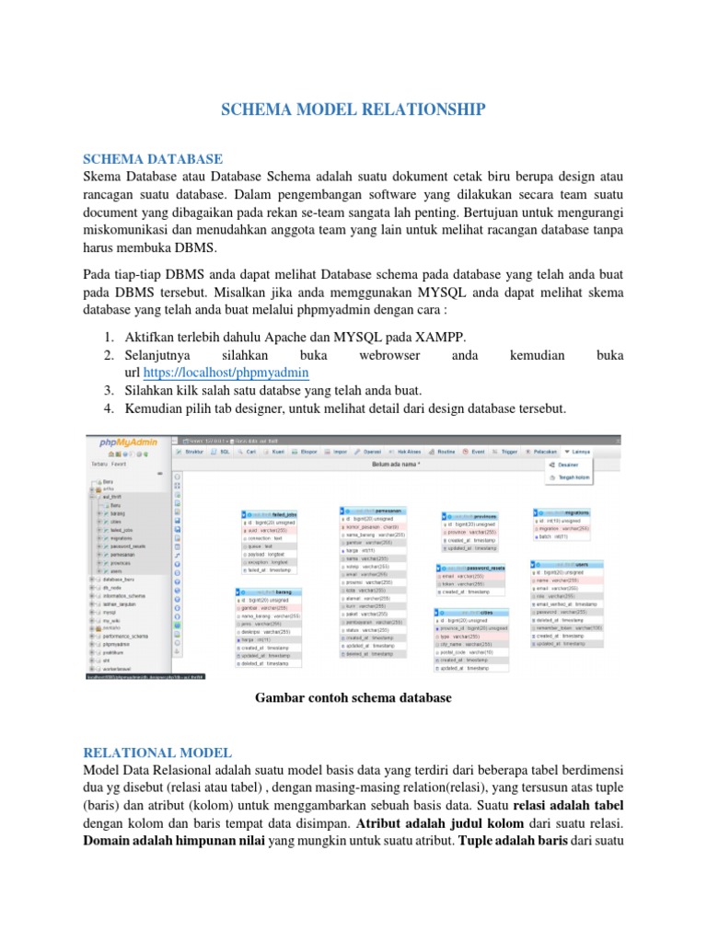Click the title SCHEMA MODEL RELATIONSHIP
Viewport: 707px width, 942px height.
(353, 110)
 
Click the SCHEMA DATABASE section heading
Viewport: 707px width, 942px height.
(153, 158)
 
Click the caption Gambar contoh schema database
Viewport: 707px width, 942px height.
(353, 697)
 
